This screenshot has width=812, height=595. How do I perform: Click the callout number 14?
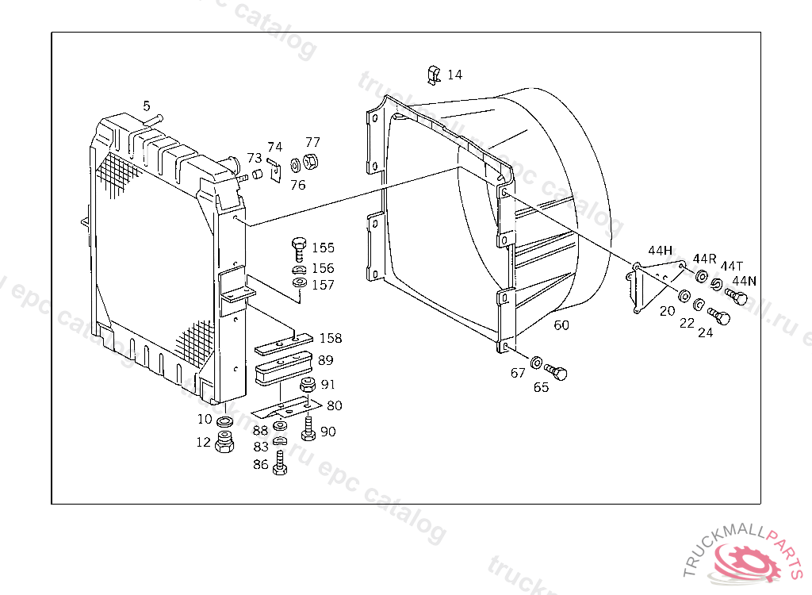point(454,75)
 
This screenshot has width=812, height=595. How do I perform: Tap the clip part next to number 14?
point(432,75)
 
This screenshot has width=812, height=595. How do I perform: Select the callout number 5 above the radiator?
point(146,106)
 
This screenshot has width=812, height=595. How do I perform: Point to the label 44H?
point(660,251)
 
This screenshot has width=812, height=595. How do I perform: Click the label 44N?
point(744,281)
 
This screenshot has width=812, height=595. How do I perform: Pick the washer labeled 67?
point(537,363)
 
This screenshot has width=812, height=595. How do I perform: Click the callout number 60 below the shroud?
point(561,325)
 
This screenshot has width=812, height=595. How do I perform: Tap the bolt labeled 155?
point(299,248)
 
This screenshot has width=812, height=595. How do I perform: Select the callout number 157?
point(323,286)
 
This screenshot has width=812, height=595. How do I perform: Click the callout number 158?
point(331,339)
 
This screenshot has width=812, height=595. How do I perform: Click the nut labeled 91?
point(306,387)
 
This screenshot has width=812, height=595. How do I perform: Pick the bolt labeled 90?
point(308,431)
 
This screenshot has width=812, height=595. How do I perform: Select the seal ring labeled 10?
point(224,420)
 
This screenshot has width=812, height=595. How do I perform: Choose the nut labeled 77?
point(311,163)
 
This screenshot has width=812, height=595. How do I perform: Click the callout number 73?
point(254,158)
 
